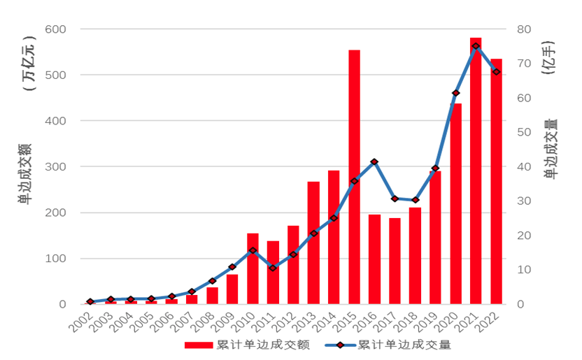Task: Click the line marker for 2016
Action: (x=374, y=162)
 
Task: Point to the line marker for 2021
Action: (x=476, y=46)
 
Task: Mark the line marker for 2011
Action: (x=273, y=268)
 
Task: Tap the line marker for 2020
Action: (x=455, y=93)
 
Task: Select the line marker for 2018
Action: (x=415, y=200)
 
